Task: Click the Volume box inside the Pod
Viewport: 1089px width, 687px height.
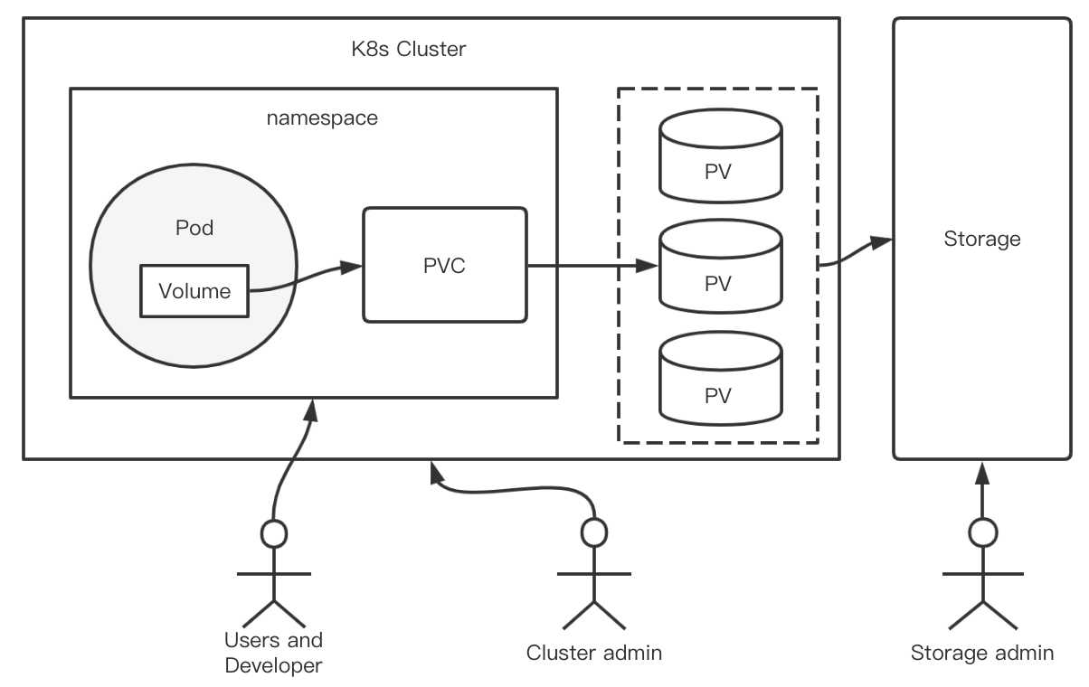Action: click(194, 291)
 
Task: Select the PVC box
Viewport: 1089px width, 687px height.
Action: click(445, 265)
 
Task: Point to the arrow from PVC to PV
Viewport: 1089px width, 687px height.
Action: click(592, 266)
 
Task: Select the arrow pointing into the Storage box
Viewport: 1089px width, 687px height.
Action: click(855, 252)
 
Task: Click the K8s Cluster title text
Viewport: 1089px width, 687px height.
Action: click(409, 49)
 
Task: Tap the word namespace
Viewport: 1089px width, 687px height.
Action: click(322, 118)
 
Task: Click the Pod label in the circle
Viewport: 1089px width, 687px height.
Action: click(194, 228)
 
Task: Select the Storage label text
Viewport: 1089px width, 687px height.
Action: click(982, 240)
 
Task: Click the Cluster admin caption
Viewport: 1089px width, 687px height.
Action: click(594, 653)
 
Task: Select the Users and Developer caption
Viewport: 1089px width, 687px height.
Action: click(273, 654)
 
